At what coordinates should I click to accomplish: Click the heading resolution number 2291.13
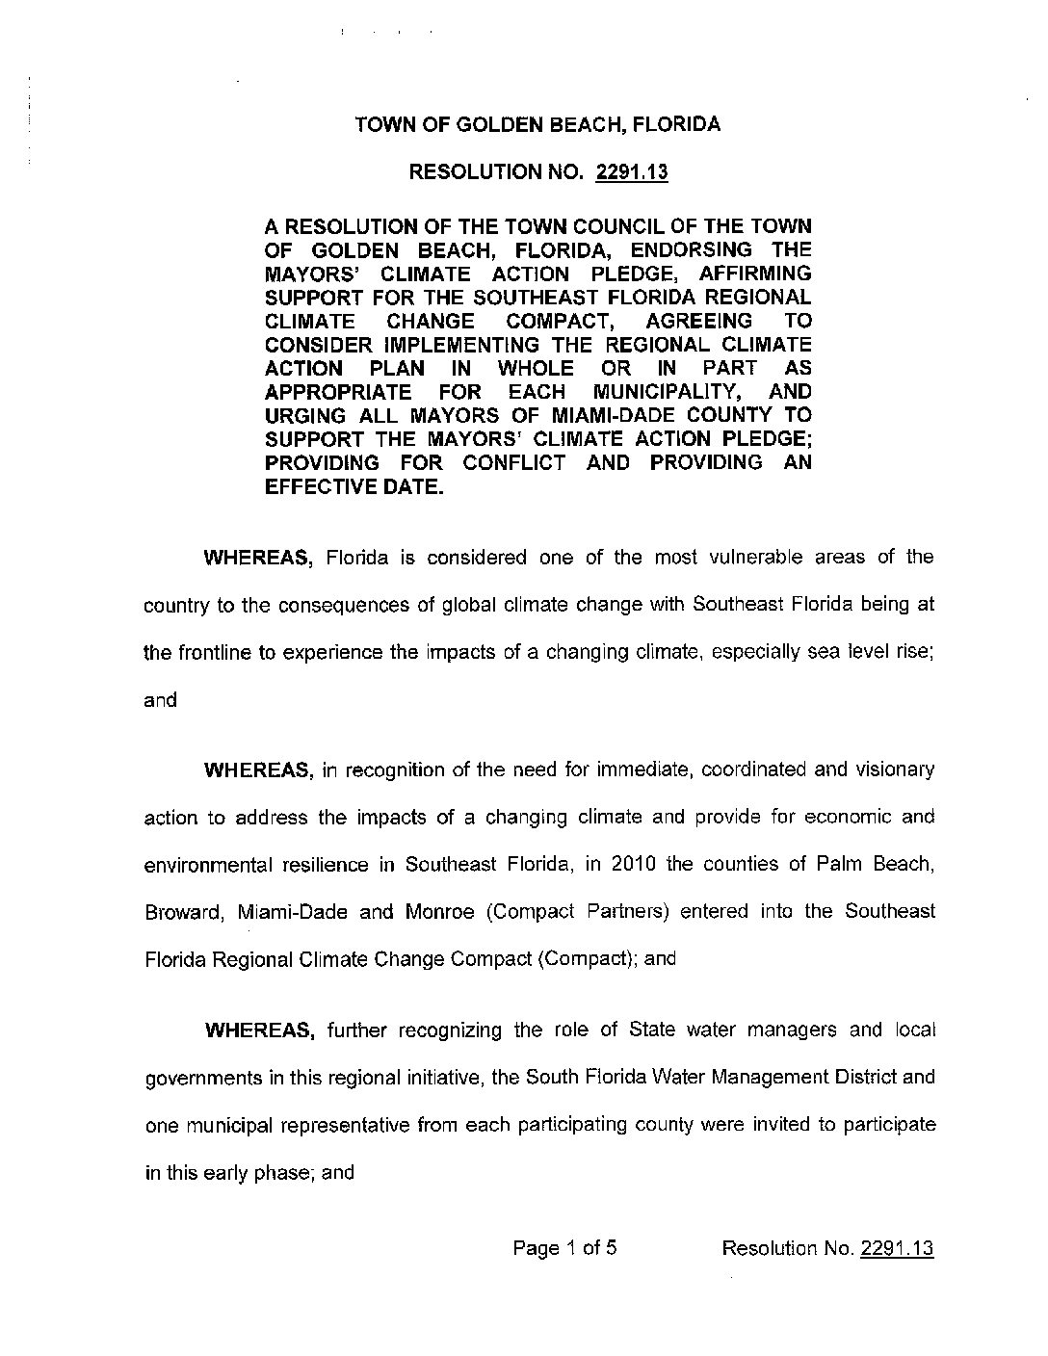632,172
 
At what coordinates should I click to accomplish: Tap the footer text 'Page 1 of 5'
564,1249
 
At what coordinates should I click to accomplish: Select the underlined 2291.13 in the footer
897,1250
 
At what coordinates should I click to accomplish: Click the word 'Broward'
184,911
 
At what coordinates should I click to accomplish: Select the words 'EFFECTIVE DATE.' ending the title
354,486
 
